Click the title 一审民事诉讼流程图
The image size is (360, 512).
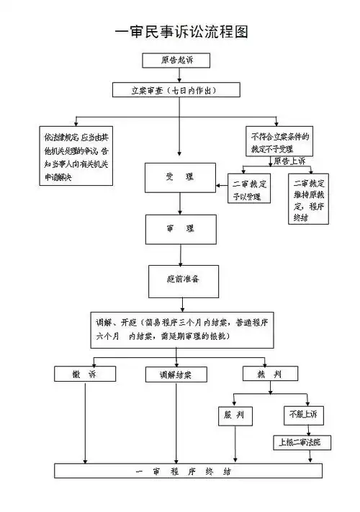tap(181, 33)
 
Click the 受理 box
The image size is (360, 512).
tap(179, 177)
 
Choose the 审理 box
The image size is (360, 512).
tap(179, 228)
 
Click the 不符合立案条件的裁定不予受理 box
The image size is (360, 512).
tap(280, 143)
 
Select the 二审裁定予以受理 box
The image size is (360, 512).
tap(248, 189)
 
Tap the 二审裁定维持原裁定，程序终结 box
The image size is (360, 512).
tap(309, 208)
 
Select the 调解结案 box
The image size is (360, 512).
tap(176, 374)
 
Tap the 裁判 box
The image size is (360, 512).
tap(271, 374)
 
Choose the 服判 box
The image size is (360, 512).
tap(235, 416)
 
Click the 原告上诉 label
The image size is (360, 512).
tap(291, 161)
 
